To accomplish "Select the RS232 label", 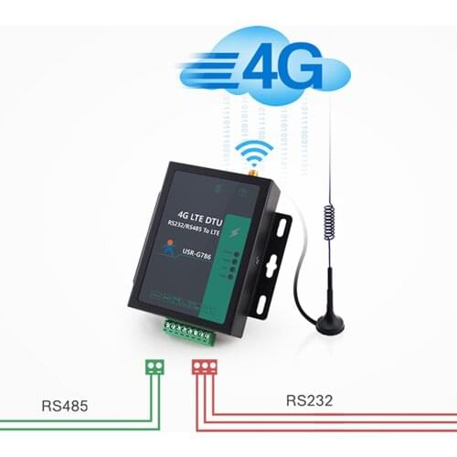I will coord(310,399).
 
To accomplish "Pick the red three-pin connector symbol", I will coord(203,367).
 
